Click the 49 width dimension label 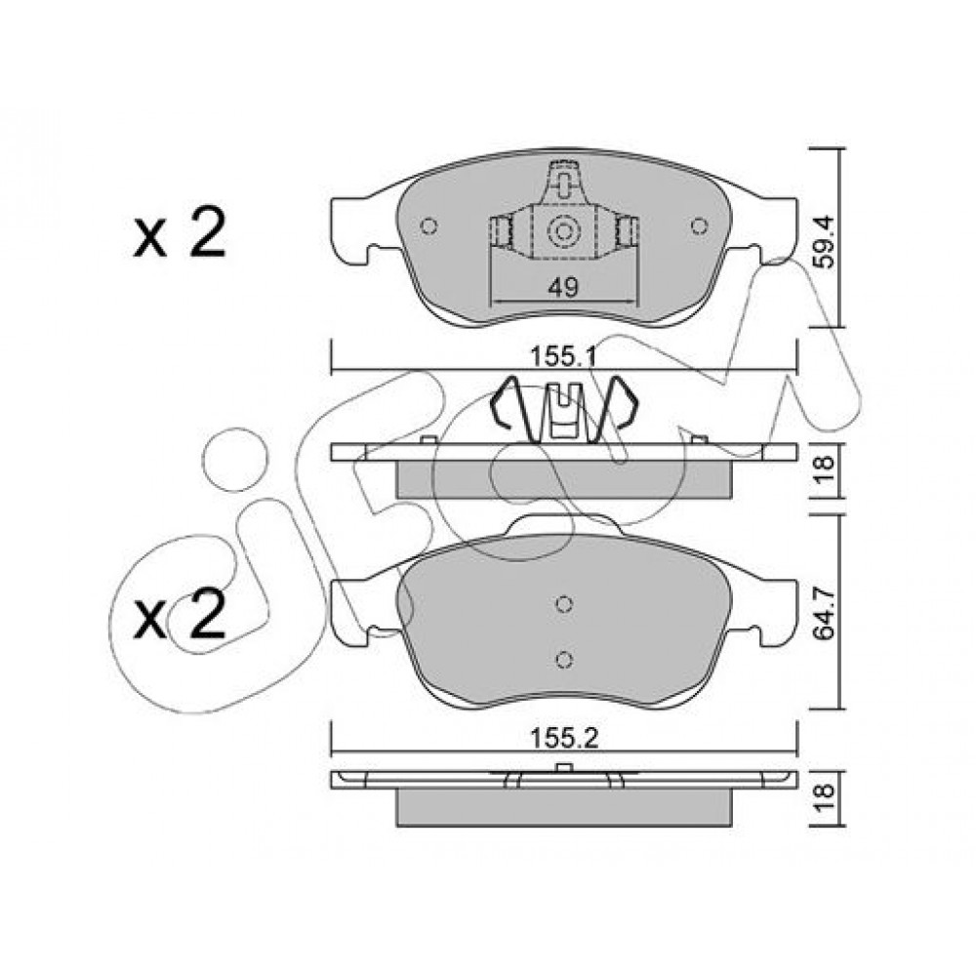[x=563, y=287]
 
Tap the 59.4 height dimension [x=824, y=241]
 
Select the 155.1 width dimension [x=563, y=357]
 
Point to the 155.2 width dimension [x=563, y=739]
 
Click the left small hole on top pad [x=428, y=226]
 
